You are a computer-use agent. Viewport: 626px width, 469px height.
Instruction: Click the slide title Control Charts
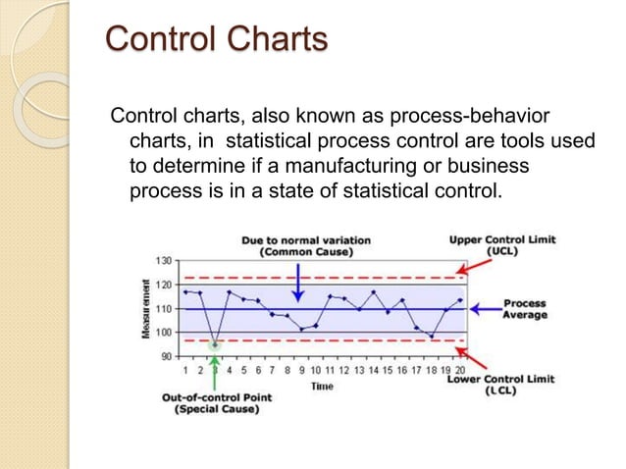[x=215, y=40]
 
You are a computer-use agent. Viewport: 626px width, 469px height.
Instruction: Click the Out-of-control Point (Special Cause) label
[x=216, y=403]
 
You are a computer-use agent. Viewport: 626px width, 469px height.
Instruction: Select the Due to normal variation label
[x=297, y=245]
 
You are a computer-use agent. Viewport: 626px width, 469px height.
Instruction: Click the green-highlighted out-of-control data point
[x=215, y=344]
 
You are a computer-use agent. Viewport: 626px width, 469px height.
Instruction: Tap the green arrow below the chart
[x=215, y=371]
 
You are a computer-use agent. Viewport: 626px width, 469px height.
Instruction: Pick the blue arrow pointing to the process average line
[x=484, y=309]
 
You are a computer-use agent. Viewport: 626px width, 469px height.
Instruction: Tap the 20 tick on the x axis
[x=460, y=371]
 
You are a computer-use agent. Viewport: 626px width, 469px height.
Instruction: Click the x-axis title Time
[x=322, y=387]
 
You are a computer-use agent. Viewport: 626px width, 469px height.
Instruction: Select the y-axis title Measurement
[x=143, y=308]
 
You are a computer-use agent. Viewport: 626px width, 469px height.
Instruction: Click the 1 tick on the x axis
[x=185, y=371]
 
